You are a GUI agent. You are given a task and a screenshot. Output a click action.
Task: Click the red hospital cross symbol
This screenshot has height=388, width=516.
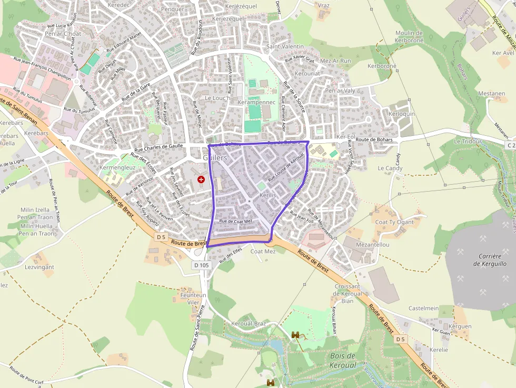click(201, 180)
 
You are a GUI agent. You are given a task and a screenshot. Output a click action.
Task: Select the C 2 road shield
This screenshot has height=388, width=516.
click(510, 145)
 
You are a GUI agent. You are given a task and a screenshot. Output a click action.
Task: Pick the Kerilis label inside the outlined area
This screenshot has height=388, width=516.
click(267, 195)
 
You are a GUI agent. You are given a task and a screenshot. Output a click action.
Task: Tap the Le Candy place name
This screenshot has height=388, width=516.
click(390, 168)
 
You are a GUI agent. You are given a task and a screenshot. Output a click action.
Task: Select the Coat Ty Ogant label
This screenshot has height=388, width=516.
click(394, 222)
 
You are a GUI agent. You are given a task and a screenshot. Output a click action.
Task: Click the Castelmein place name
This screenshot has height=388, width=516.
click(424, 308)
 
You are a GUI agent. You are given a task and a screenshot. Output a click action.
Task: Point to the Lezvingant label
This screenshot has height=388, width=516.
click(39, 267)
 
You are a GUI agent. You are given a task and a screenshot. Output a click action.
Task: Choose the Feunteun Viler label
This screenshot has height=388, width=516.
click(193, 299)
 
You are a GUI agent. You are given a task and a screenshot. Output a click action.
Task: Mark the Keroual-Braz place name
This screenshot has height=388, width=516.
click(249, 323)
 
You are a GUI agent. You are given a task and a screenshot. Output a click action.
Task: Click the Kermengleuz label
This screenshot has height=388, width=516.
click(118, 167)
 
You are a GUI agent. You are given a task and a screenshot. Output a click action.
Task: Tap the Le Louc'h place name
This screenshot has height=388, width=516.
click(217, 98)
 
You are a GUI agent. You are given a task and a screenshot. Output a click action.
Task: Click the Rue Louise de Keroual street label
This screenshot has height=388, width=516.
click(286, 167)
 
